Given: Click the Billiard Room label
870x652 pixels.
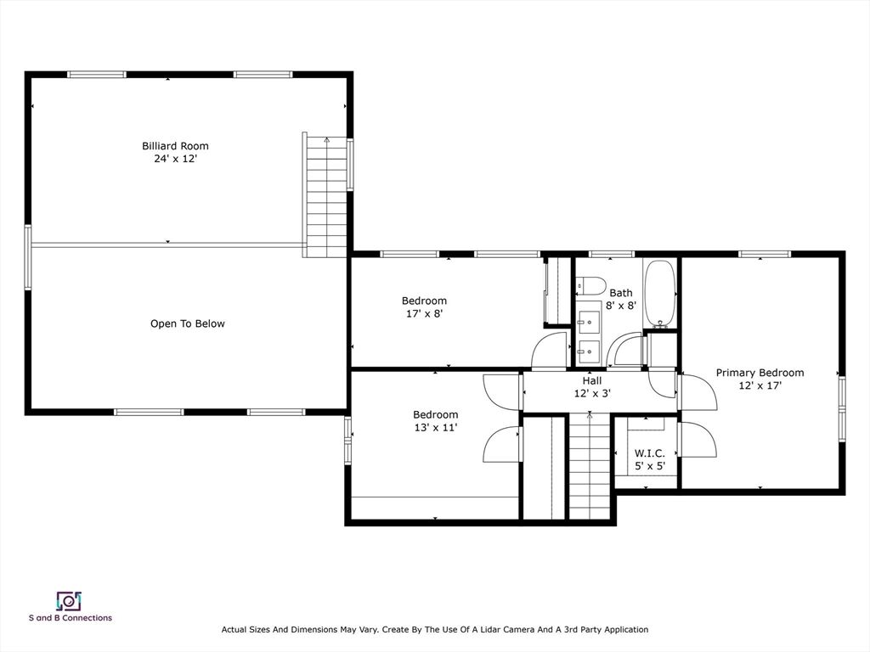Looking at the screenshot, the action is tap(175, 146).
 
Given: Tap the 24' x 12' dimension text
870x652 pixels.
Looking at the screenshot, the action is tap(176, 159).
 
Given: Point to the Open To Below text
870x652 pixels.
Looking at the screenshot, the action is tap(188, 323).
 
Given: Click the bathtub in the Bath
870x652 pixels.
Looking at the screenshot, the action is tap(659, 293).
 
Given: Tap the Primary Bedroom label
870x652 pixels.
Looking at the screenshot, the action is tap(760, 373).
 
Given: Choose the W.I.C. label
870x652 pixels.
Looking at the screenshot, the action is tap(649, 453).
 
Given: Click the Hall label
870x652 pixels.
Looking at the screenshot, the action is tap(592, 381).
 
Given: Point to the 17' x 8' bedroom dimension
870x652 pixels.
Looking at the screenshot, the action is tap(425, 313).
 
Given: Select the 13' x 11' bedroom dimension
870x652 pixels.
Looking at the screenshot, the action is tap(436, 428).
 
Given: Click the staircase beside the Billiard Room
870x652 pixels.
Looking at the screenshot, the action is tap(326, 197).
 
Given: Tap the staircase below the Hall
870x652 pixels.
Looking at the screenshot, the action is tap(590, 465).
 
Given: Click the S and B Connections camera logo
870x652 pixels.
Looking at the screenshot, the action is tap(69, 601).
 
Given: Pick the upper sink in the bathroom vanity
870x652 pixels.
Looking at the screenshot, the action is tap(588, 320).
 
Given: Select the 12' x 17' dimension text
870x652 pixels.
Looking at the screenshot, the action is tap(760, 385).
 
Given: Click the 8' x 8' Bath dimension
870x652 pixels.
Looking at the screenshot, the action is tap(621, 306).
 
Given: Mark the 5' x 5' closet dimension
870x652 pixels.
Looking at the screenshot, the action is tap(650, 466).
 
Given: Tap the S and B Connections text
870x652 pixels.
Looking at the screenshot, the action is tap(71, 618).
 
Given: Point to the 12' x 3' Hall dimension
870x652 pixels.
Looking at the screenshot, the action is tap(592, 394).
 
